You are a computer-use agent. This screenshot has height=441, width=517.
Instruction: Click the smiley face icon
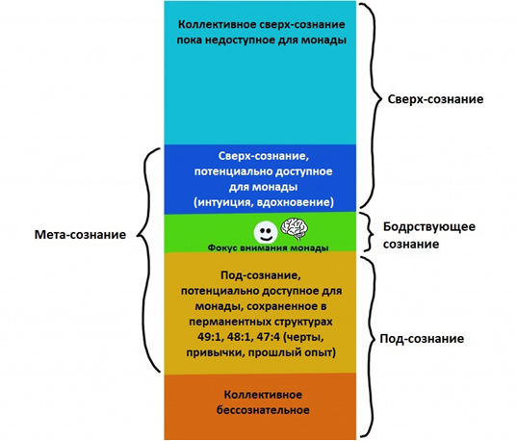[x=266, y=232]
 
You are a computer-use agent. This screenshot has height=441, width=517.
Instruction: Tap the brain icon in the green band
[x=295, y=227]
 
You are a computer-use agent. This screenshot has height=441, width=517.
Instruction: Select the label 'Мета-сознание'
[x=81, y=235]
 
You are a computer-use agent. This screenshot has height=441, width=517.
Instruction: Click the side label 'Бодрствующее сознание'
[x=429, y=235]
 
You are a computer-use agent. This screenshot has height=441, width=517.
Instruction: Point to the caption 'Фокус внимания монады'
[x=268, y=247]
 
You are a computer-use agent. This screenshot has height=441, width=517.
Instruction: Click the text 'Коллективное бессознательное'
[x=263, y=402]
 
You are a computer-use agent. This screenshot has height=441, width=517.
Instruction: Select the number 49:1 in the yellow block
[x=208, y=337]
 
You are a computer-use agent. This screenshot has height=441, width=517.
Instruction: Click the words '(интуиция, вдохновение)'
[x=264, y=202]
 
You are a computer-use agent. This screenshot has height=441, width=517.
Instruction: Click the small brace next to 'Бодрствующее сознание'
[x=369, y=232]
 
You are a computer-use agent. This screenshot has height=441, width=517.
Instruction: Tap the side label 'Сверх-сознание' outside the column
[x=435, y=99]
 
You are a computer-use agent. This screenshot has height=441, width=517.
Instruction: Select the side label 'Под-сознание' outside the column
[x=422, y=339]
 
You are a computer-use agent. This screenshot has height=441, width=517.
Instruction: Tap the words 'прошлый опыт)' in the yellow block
[x=292, y=352]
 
